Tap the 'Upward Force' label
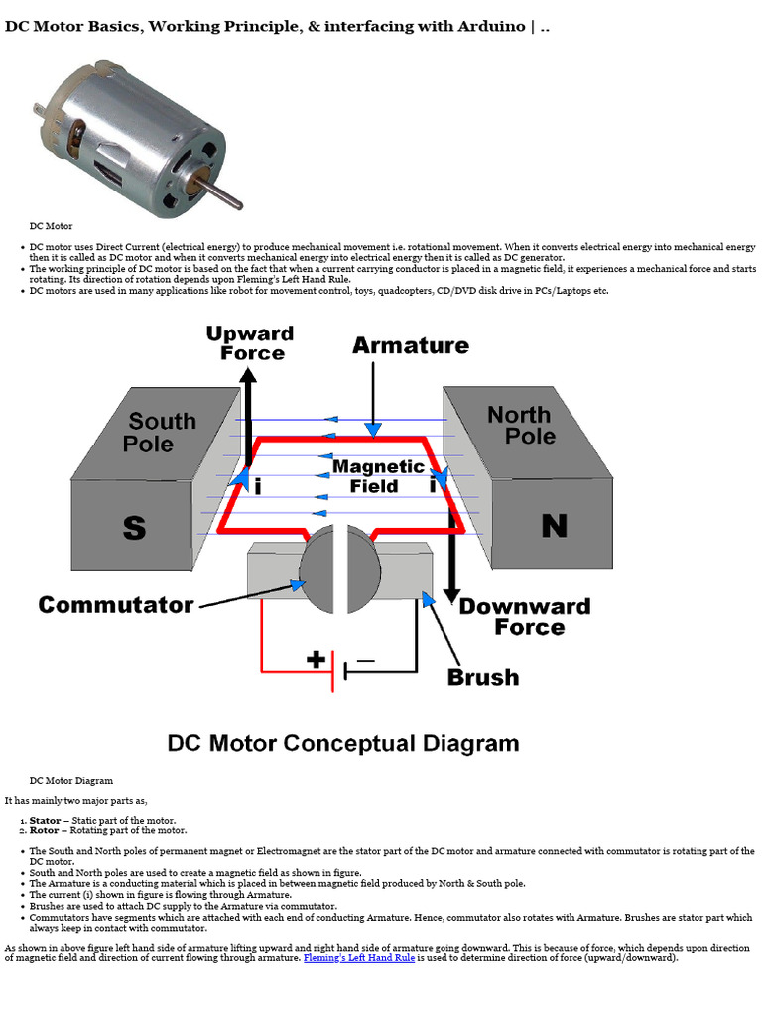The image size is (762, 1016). pyautogui.click(x=250, y=343)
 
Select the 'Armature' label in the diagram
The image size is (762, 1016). pyautogui.click(x=411, y=345)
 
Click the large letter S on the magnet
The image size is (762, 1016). pyautogui.click(x=134, y=528)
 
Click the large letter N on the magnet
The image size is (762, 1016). pyautogui.click(x=555, y=526)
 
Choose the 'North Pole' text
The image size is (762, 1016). pyautogui.click(x=522, y=425)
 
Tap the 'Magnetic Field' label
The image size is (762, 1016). pyautogui.click(x=378, y=476)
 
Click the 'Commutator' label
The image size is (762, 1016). pyautogui.click(x=116, y=605)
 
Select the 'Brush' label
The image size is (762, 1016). pyautogui.click(x=483, y=677)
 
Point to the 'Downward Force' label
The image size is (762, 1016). pyautogui.click(x=526, y=617)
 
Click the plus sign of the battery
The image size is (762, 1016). pyautogui.click(x=317, y=660)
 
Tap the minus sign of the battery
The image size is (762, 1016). pyautogui.click(x=366, y=661)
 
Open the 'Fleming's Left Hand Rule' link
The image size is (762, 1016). pyautogui.click(x=359, y=958)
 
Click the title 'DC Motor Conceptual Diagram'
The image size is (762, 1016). pyautogui.click(x=343, y=743)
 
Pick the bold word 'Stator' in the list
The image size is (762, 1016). pyautogui.click(x=46, y=821)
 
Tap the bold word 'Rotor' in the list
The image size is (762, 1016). pyautogui.click(x=44, y=830)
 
